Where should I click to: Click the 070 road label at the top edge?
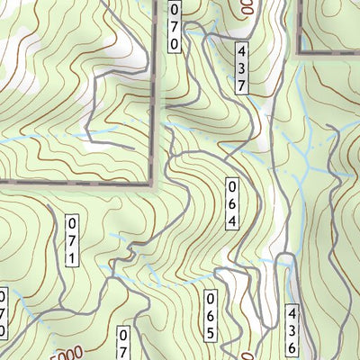tap(174, 24)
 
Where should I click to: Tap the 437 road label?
tap(242, 67)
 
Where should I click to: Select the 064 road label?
tap(231, 203)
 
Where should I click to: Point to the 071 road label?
tap(72, 240)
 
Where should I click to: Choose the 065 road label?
tap(211, 315)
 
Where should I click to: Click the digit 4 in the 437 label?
tap(242, 51)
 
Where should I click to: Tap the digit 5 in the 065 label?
tap(211, 332)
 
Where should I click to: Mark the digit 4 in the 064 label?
tap(231, 220)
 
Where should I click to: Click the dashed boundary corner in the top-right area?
tap(299, 52)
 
